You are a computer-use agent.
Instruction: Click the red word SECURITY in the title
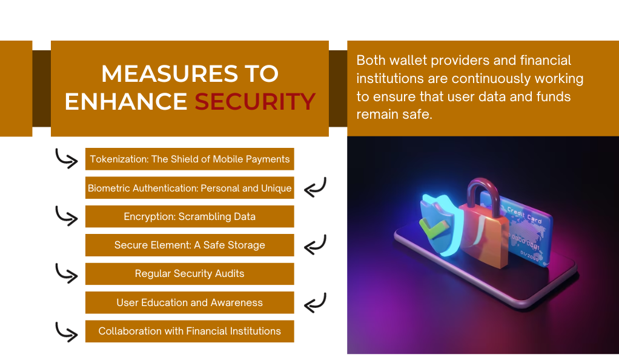[x=255, y=102]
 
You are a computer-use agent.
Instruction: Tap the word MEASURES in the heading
[x=169, y=73]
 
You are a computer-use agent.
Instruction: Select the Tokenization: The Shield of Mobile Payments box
[x=190, y=159]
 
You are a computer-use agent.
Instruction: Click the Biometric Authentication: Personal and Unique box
[x=190, y=188]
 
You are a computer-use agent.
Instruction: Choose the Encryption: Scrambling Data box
[x=190, y=216]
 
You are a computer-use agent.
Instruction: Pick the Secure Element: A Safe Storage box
[x=190, y=245]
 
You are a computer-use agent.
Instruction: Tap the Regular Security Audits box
[x=190, y=274]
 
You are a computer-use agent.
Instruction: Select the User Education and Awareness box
[x=190, y=302]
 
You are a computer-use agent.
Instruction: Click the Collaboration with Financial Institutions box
[x=190, y=331]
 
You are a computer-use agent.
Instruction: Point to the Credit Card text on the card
[x=525, y=214]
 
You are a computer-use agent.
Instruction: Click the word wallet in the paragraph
[x=408, y=61]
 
